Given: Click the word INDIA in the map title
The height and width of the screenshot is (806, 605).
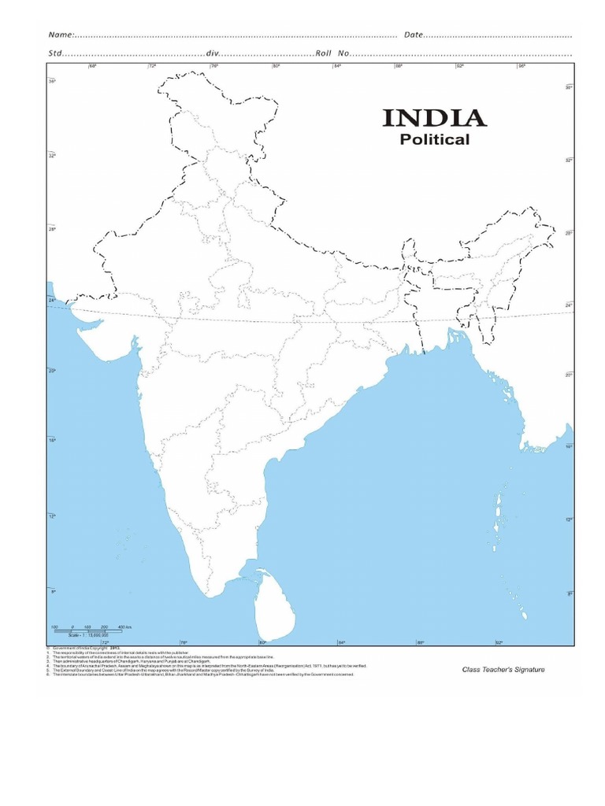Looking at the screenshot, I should click(434, 119).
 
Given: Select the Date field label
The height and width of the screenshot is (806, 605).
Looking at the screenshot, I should click(414, 35).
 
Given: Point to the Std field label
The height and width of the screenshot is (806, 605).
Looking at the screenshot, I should click(55, 54).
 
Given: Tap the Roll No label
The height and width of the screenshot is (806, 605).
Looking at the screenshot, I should click(332, 54).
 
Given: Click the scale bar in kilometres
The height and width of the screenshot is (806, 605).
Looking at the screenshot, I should click(87, 630).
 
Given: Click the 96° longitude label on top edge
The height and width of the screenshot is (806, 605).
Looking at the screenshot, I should click(521, 66).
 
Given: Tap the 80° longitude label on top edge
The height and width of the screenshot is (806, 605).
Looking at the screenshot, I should click(276, 66).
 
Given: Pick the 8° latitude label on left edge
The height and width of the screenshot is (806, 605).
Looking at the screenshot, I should click(52, 590).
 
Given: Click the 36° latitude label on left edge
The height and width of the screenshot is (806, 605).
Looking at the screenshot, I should click(52, 81).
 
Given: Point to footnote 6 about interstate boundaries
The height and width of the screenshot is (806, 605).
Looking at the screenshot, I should click(197, 675).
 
